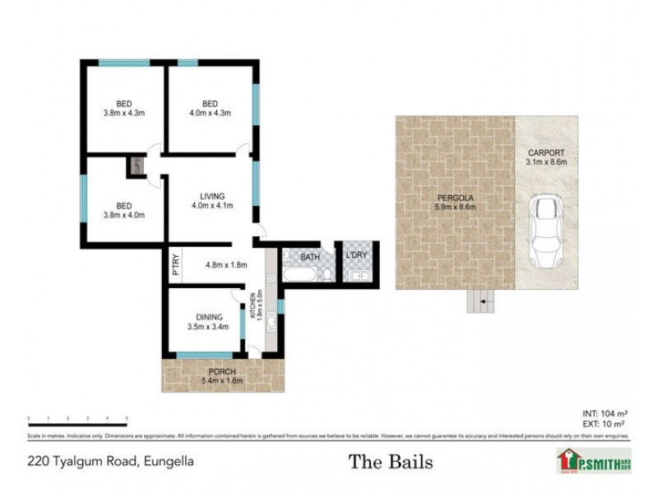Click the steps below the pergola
480,302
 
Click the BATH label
309,258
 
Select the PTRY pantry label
175,266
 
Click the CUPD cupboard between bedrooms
137,166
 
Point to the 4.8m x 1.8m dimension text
225,265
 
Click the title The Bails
391,461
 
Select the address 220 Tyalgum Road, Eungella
110,461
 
